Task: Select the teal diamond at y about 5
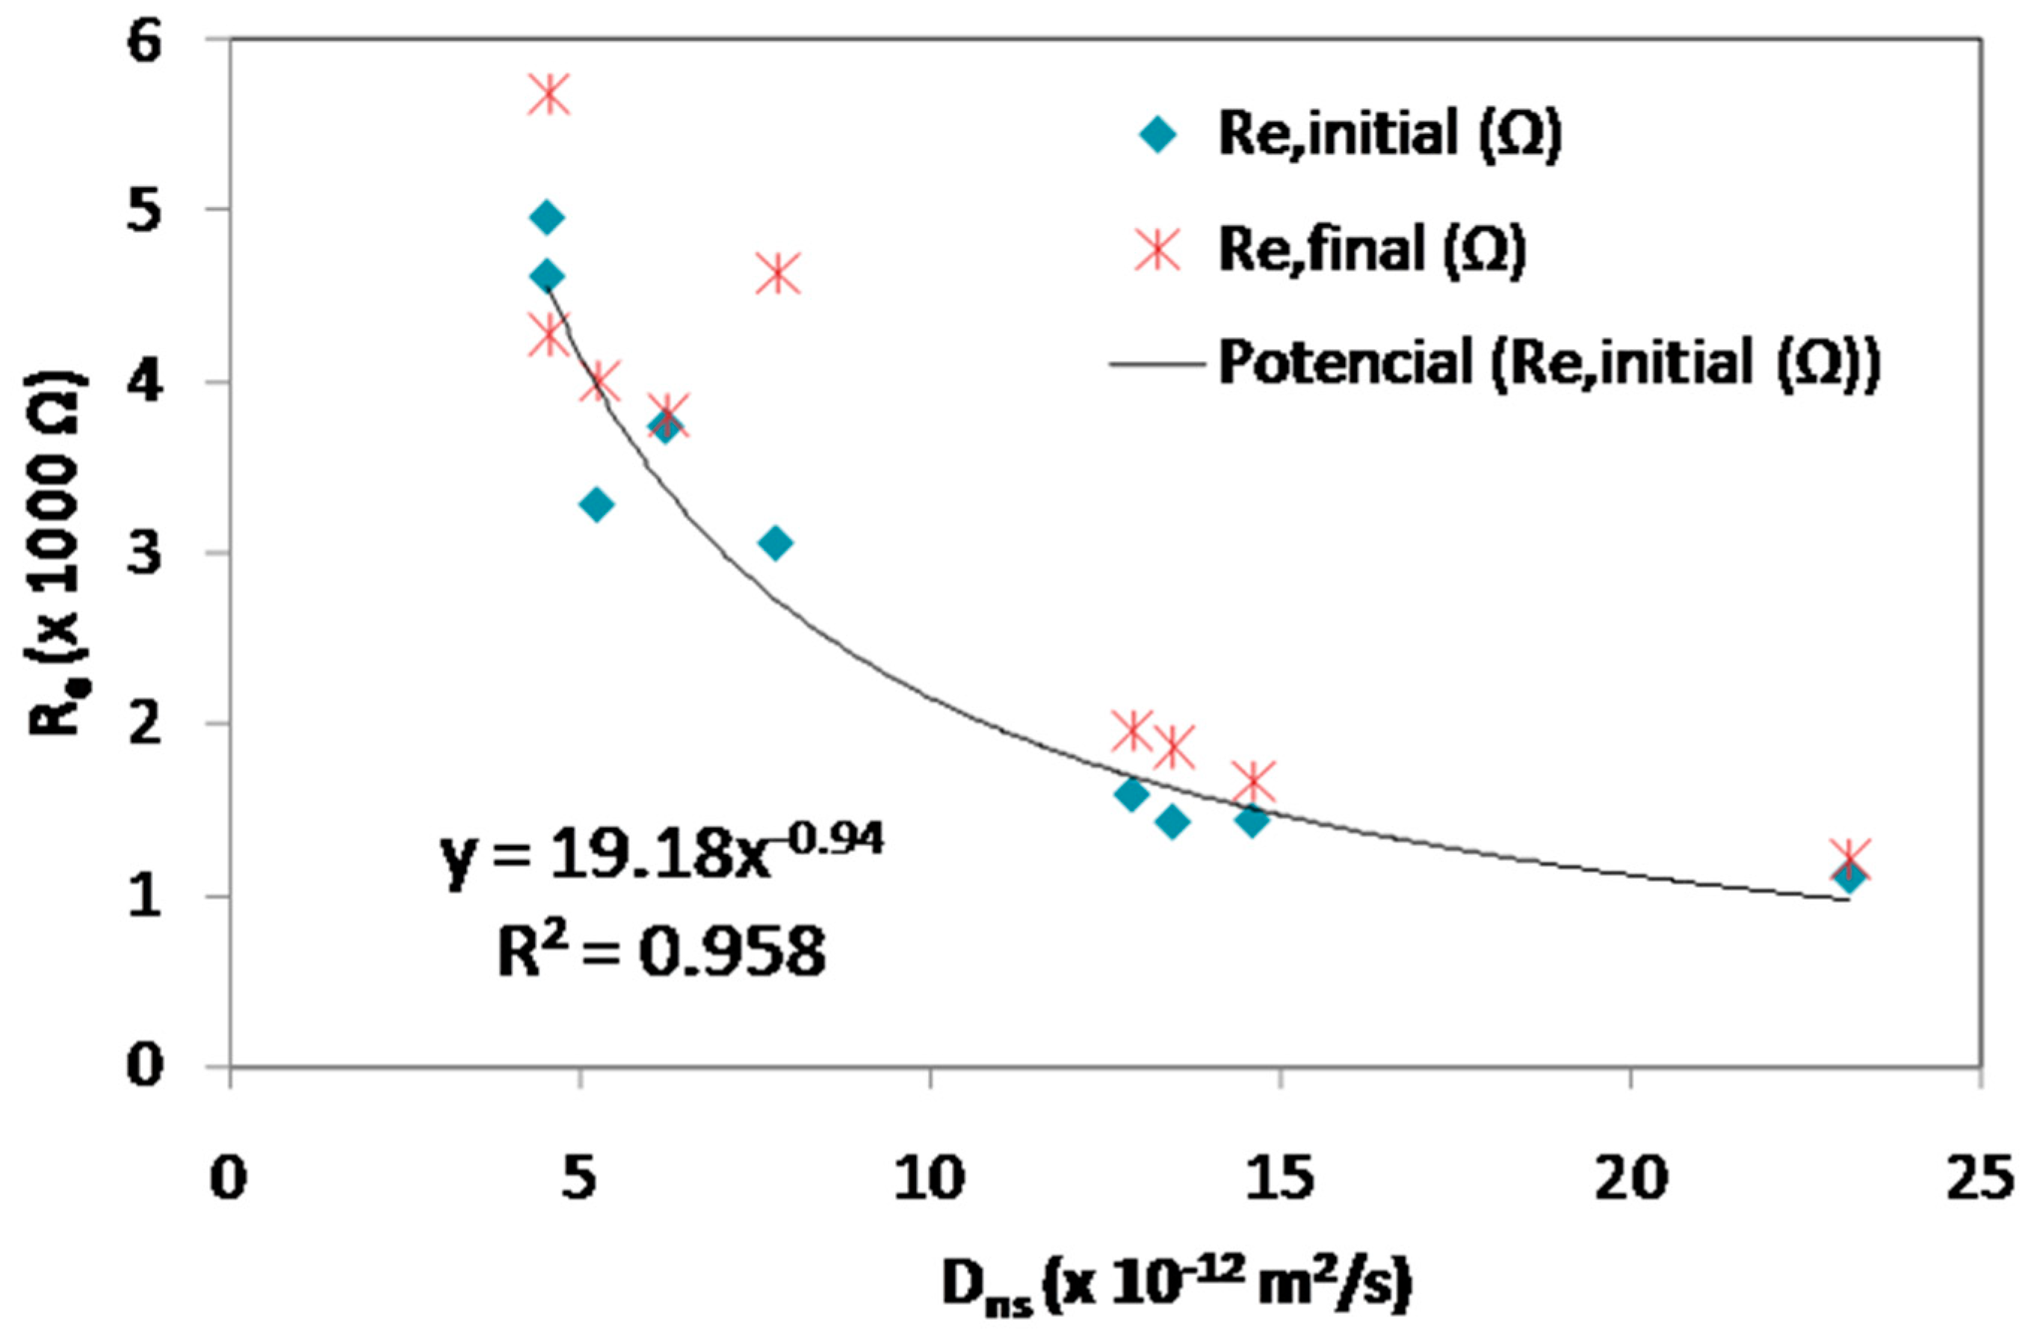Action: [x=547, y=217]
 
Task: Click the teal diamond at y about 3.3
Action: [x=597, y=504]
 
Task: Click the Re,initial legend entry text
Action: [x=1389, y=135]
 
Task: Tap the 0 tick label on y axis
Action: [x=146, y=1067]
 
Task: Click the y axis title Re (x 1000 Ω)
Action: [x=58, y=552]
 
